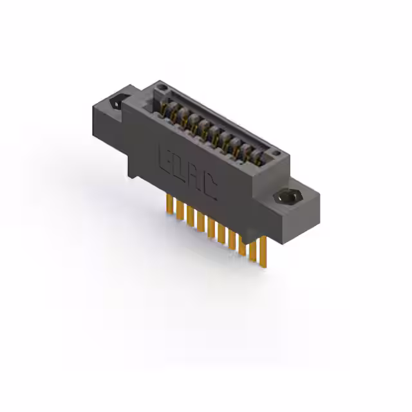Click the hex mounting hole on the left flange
(x=117, y=102)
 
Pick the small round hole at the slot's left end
(x=163, y=87)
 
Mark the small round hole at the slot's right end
(x=276, y=153)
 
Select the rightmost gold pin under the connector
(x=263, y=251)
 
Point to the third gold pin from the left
(x=191, y=216)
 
